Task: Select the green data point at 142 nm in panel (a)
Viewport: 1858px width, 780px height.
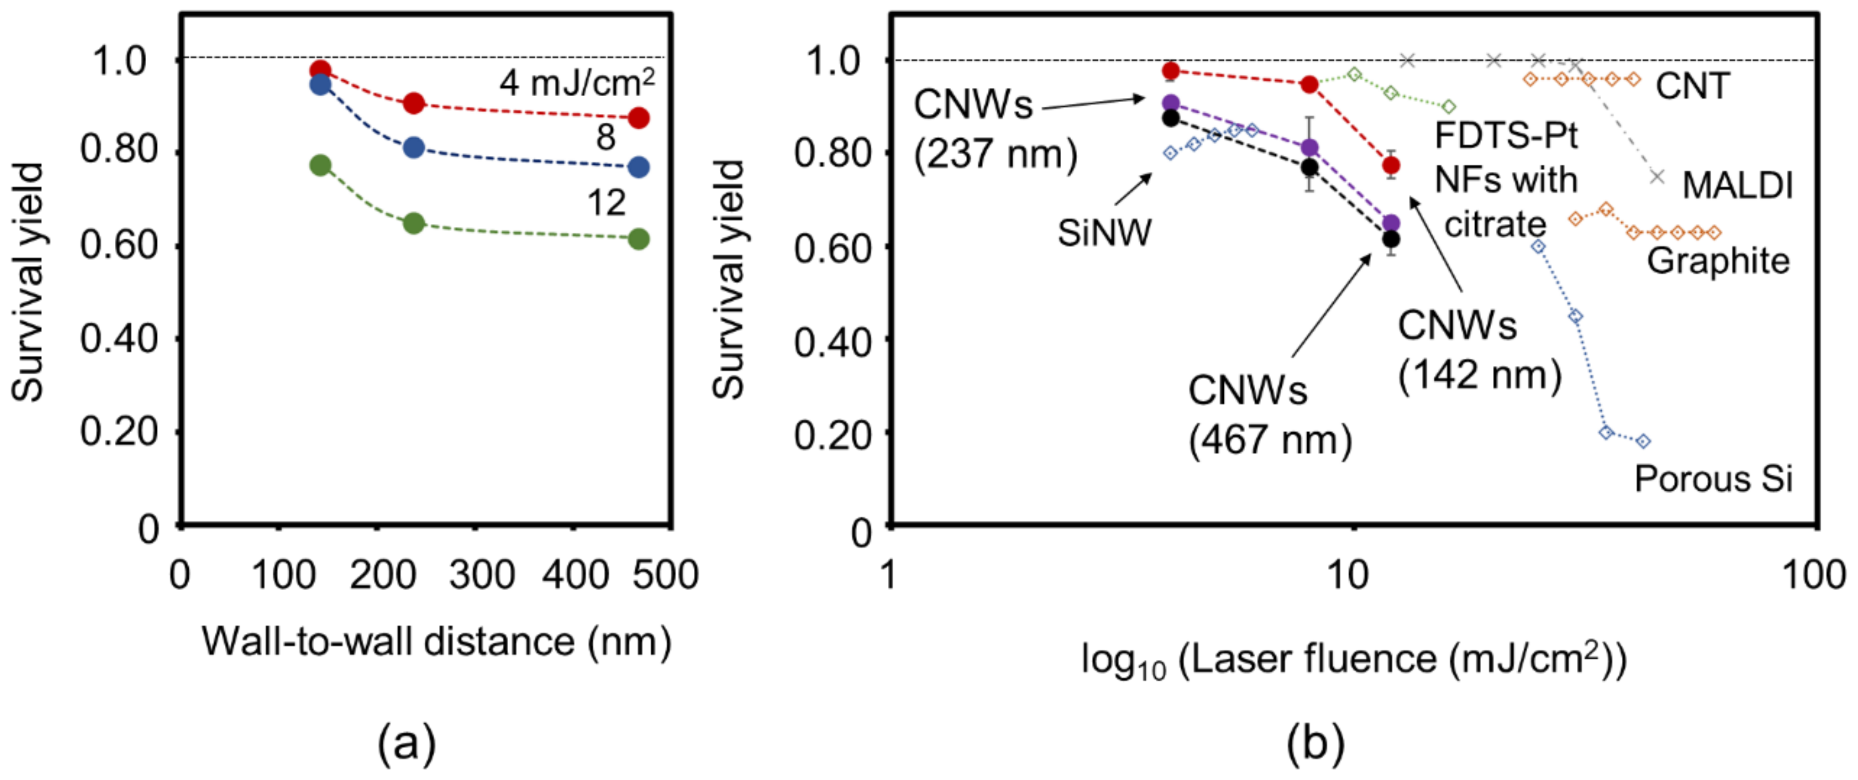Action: pyautogui.click(x=320, y=165)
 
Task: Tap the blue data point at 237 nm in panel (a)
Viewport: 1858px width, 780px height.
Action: pyautogui.click(x=413, y=147)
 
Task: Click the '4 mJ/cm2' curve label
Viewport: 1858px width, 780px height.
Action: pyautogui.click(x=577, y=82)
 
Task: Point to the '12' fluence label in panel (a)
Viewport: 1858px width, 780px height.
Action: pyautogui.click(x=606, y=203)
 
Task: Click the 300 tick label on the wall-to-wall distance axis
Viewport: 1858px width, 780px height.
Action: pyautogui.click(x=481, y=576)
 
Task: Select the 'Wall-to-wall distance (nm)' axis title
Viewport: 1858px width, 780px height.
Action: pyautogui.click(x=436, y=641)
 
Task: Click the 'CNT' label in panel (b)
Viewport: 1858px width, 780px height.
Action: pyautogui.click(x=1692, y=87)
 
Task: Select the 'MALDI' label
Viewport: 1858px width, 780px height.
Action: pyautogui.click(x=1737, y=186)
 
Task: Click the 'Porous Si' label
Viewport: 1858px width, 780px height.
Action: pyautogui.click(x=1713, y=479)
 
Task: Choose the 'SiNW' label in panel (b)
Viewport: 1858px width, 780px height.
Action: pyautogui.click(x=1104, y=233)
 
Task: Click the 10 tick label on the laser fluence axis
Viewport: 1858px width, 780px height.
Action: pyautogui.click(x=1347, y=576)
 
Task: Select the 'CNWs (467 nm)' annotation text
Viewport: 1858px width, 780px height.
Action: pyautogui.click(x=1270, y=415)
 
